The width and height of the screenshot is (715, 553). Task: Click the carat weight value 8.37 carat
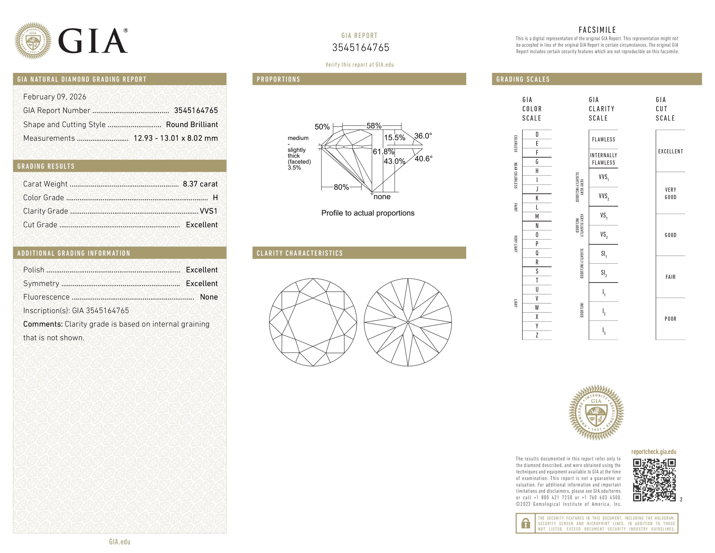pyautogui.click(x=200, y=184)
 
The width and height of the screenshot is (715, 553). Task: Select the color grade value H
pyautogui.click(x=215, y=198)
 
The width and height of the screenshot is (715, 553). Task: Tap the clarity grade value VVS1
pyautogui.click(x=208, y=211)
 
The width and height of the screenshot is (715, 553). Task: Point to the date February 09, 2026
pyautogui.click(x=55, y=97)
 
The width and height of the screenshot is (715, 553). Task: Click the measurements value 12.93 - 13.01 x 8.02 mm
pyautogui.click(x=175, y=138)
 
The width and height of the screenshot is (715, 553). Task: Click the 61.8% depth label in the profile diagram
pyautogui.click(x=383, y=152)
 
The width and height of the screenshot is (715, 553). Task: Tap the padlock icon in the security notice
pyautogui.click(x=525, y=523)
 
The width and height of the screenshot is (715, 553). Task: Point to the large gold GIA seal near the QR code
pyautogui.click(x=596, y=412)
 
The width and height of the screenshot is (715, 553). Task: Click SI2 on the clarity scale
pyautogui.click(x=603, y=273)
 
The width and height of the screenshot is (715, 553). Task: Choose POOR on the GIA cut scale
pyautogui.click(x=670, y=319)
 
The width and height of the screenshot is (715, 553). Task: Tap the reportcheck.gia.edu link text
pyautogui.click(x=653, y=452)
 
